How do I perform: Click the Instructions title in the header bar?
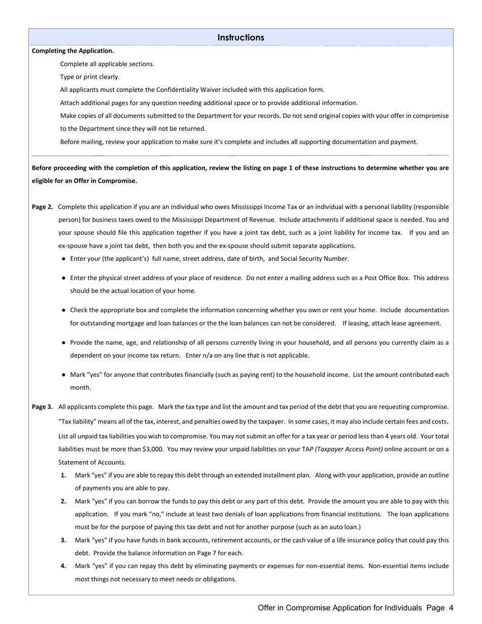[240, 38]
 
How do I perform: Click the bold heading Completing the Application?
[73, 51]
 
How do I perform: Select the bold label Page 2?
[42, 207]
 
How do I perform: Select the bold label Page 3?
[42, 407]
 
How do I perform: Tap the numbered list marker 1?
[63, 475]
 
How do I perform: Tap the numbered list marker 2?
[63, 501]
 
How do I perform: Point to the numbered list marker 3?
[63, 540]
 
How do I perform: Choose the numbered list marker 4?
[63, 566]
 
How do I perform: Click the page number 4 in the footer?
[451, 608]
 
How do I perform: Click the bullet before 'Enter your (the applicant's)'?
[63, 259]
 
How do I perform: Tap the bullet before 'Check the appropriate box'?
[63, 310]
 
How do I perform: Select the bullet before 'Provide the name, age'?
[63, 342]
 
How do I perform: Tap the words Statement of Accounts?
[92, 462]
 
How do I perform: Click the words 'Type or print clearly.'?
[90, 77]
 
